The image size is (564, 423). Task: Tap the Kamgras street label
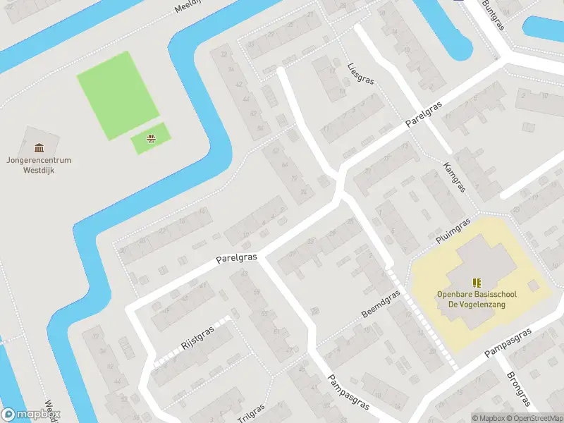(x=455, y=176)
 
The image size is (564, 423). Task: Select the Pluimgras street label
(x=451, y=233)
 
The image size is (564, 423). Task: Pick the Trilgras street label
(x=251, y=413)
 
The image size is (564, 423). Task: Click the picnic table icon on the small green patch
(x=150, y=138)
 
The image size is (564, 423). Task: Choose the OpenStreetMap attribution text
(x=534, y=418)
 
